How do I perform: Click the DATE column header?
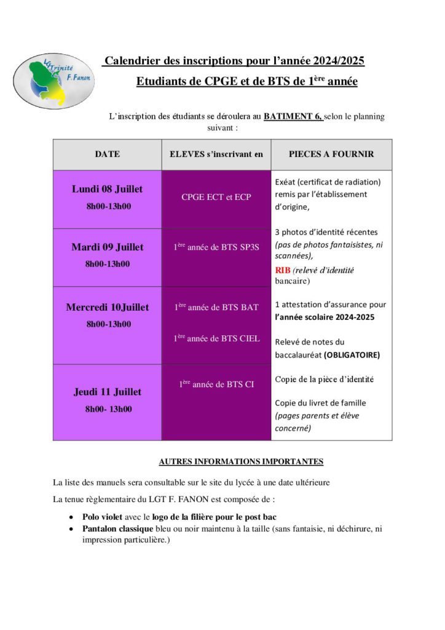[107, 154]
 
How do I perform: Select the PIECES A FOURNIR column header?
[331, 154]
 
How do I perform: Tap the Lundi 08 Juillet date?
[107, 189]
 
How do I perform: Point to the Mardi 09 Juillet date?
[107, 247]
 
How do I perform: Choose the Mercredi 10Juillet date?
[107, 307]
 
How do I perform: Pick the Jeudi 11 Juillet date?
[107, 391]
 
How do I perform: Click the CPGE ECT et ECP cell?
[216, 197]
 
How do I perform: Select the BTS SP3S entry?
[216, 248]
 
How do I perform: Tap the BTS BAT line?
[216, 307]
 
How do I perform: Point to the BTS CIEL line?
[216, 338]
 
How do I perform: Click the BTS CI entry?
[216, 385]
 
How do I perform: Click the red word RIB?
[282, 270]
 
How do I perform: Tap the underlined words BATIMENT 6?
[293, 116]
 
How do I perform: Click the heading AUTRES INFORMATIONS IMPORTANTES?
[241, 461]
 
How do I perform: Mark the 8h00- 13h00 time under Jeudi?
[108, 409]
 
